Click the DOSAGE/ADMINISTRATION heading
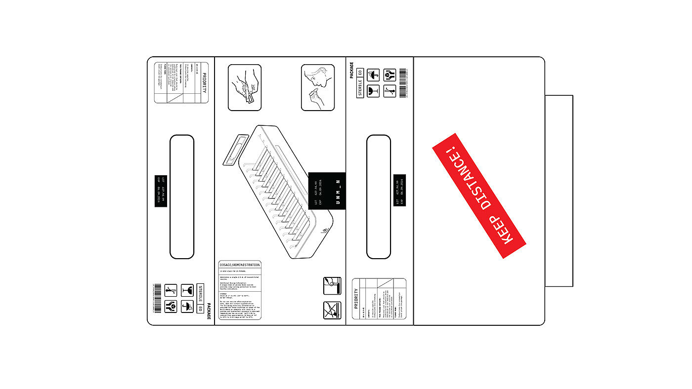coord(240,265)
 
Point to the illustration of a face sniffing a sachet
coord(318,87)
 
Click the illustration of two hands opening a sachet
coord(244,87)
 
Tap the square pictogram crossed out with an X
coord(332,310)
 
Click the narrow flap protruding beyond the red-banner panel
coord(559,191)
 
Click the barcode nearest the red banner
coord(402,82)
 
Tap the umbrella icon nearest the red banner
coord(374,75)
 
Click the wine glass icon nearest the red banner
coord(374,90)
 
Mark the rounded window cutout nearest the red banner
coord(379,196)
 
